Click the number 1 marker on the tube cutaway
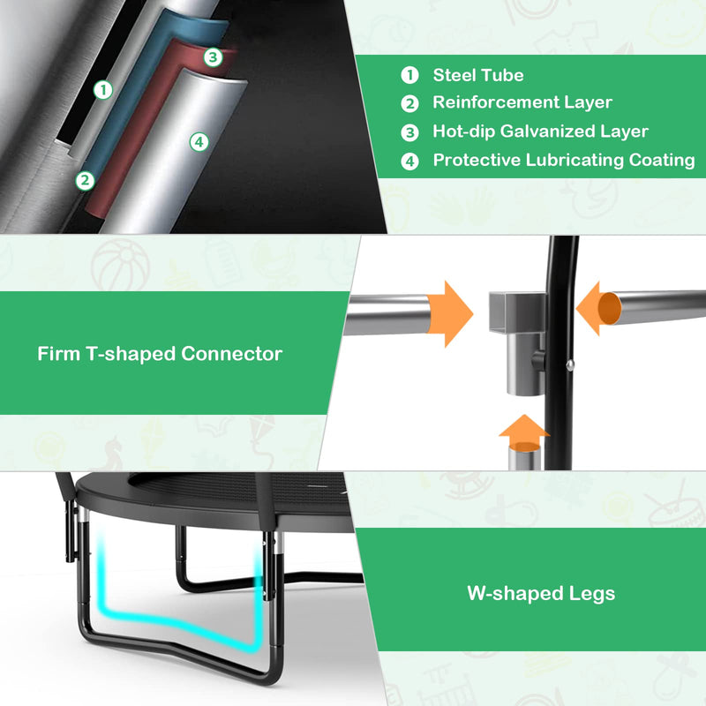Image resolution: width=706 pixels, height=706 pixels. tap(103, 90)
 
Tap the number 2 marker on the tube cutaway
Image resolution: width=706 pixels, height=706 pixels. tap(85, 181)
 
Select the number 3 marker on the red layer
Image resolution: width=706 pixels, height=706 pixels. tap(213, 57)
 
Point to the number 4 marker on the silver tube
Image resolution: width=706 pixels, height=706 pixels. tap(199, 142)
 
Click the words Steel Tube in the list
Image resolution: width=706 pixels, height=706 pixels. tap(478, 75)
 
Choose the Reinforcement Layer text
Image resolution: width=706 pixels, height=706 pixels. tap(522, 102)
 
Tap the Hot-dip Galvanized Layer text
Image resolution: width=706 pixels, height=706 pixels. tap(540, 131)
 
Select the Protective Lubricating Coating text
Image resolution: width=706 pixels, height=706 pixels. tap(564, 161)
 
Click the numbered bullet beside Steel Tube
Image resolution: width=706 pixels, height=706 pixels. tap(409, 75)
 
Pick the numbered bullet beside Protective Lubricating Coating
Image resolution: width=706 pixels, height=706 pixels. tap(409, 161)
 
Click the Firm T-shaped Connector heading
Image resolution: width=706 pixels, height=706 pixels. tap(160, 354)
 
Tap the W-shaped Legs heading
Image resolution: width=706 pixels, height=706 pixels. tap(541, 593)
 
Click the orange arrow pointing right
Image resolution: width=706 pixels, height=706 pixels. tap(450, 314)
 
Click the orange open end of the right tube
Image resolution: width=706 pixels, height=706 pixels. tap(610, 308)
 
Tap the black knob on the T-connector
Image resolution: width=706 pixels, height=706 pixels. tap(538, 361)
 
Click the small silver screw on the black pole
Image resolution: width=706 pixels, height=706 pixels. tap(570, 364)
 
